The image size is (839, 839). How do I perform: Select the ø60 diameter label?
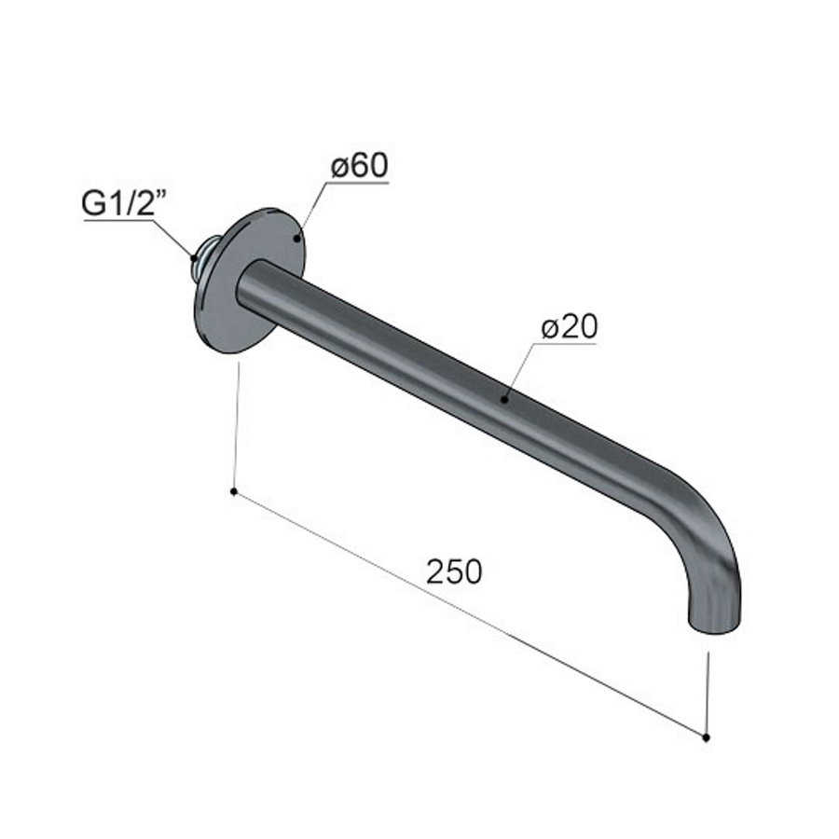(359, 166)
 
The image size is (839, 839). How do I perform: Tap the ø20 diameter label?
(568, 327)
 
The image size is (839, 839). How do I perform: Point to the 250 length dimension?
(454, 571)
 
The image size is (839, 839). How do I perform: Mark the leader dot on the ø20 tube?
(504, 399)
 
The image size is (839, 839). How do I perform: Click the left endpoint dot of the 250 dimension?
(233, 490)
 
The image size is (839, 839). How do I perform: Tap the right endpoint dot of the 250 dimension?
(706, 736)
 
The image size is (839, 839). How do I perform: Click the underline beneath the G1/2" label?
(122, 221)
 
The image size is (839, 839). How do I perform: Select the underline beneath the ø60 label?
(359, 182)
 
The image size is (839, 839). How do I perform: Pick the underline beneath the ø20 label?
(566, 343)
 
